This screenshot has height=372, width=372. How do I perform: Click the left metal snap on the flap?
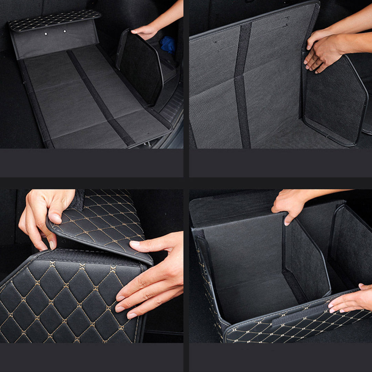[46, 34]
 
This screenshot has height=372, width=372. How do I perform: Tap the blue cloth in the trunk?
[168, 44]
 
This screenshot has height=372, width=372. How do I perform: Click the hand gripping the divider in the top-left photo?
[146, 32]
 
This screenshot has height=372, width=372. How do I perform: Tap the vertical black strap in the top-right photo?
[243, 86]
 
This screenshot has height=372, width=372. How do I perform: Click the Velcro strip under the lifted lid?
[86, 257]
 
